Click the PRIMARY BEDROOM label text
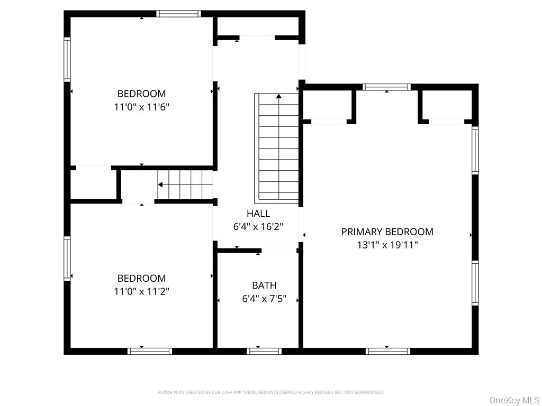pos(387,232)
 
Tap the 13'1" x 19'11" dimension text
pos(387,245)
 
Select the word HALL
pos(258,214)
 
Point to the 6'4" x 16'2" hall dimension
pos(258,227)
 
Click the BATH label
pos(264,285)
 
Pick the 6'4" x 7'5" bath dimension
pos(264,299)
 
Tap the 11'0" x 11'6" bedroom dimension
pos(141,107)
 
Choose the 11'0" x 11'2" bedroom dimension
pos(141,291)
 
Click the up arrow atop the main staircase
pos(279,96)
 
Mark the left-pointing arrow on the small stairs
pos(160,184)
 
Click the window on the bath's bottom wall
pos(264,350)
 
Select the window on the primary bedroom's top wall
pos(386,87)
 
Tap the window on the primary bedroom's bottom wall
pos(387,350)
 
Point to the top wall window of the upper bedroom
pos(179,14)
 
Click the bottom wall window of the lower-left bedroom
pos(150,350)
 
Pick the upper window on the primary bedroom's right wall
pos(475,150)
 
